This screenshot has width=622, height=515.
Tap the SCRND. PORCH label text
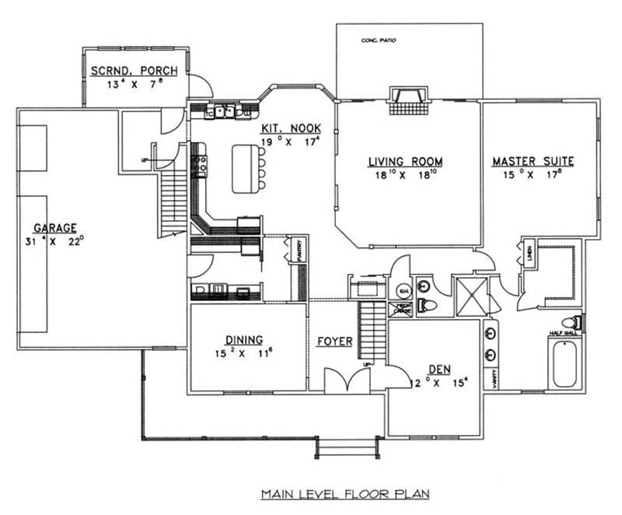coord(134,71)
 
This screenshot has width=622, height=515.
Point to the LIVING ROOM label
coord(405,162)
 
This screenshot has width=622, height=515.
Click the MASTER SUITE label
coord(533,162)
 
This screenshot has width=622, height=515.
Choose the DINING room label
coord(243,339)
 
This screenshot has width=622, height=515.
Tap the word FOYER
coord(335,342)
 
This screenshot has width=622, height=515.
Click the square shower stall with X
coord(467,296)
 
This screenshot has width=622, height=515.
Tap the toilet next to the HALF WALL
coord(574,321)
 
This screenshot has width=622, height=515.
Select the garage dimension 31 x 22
coord(54,242)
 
